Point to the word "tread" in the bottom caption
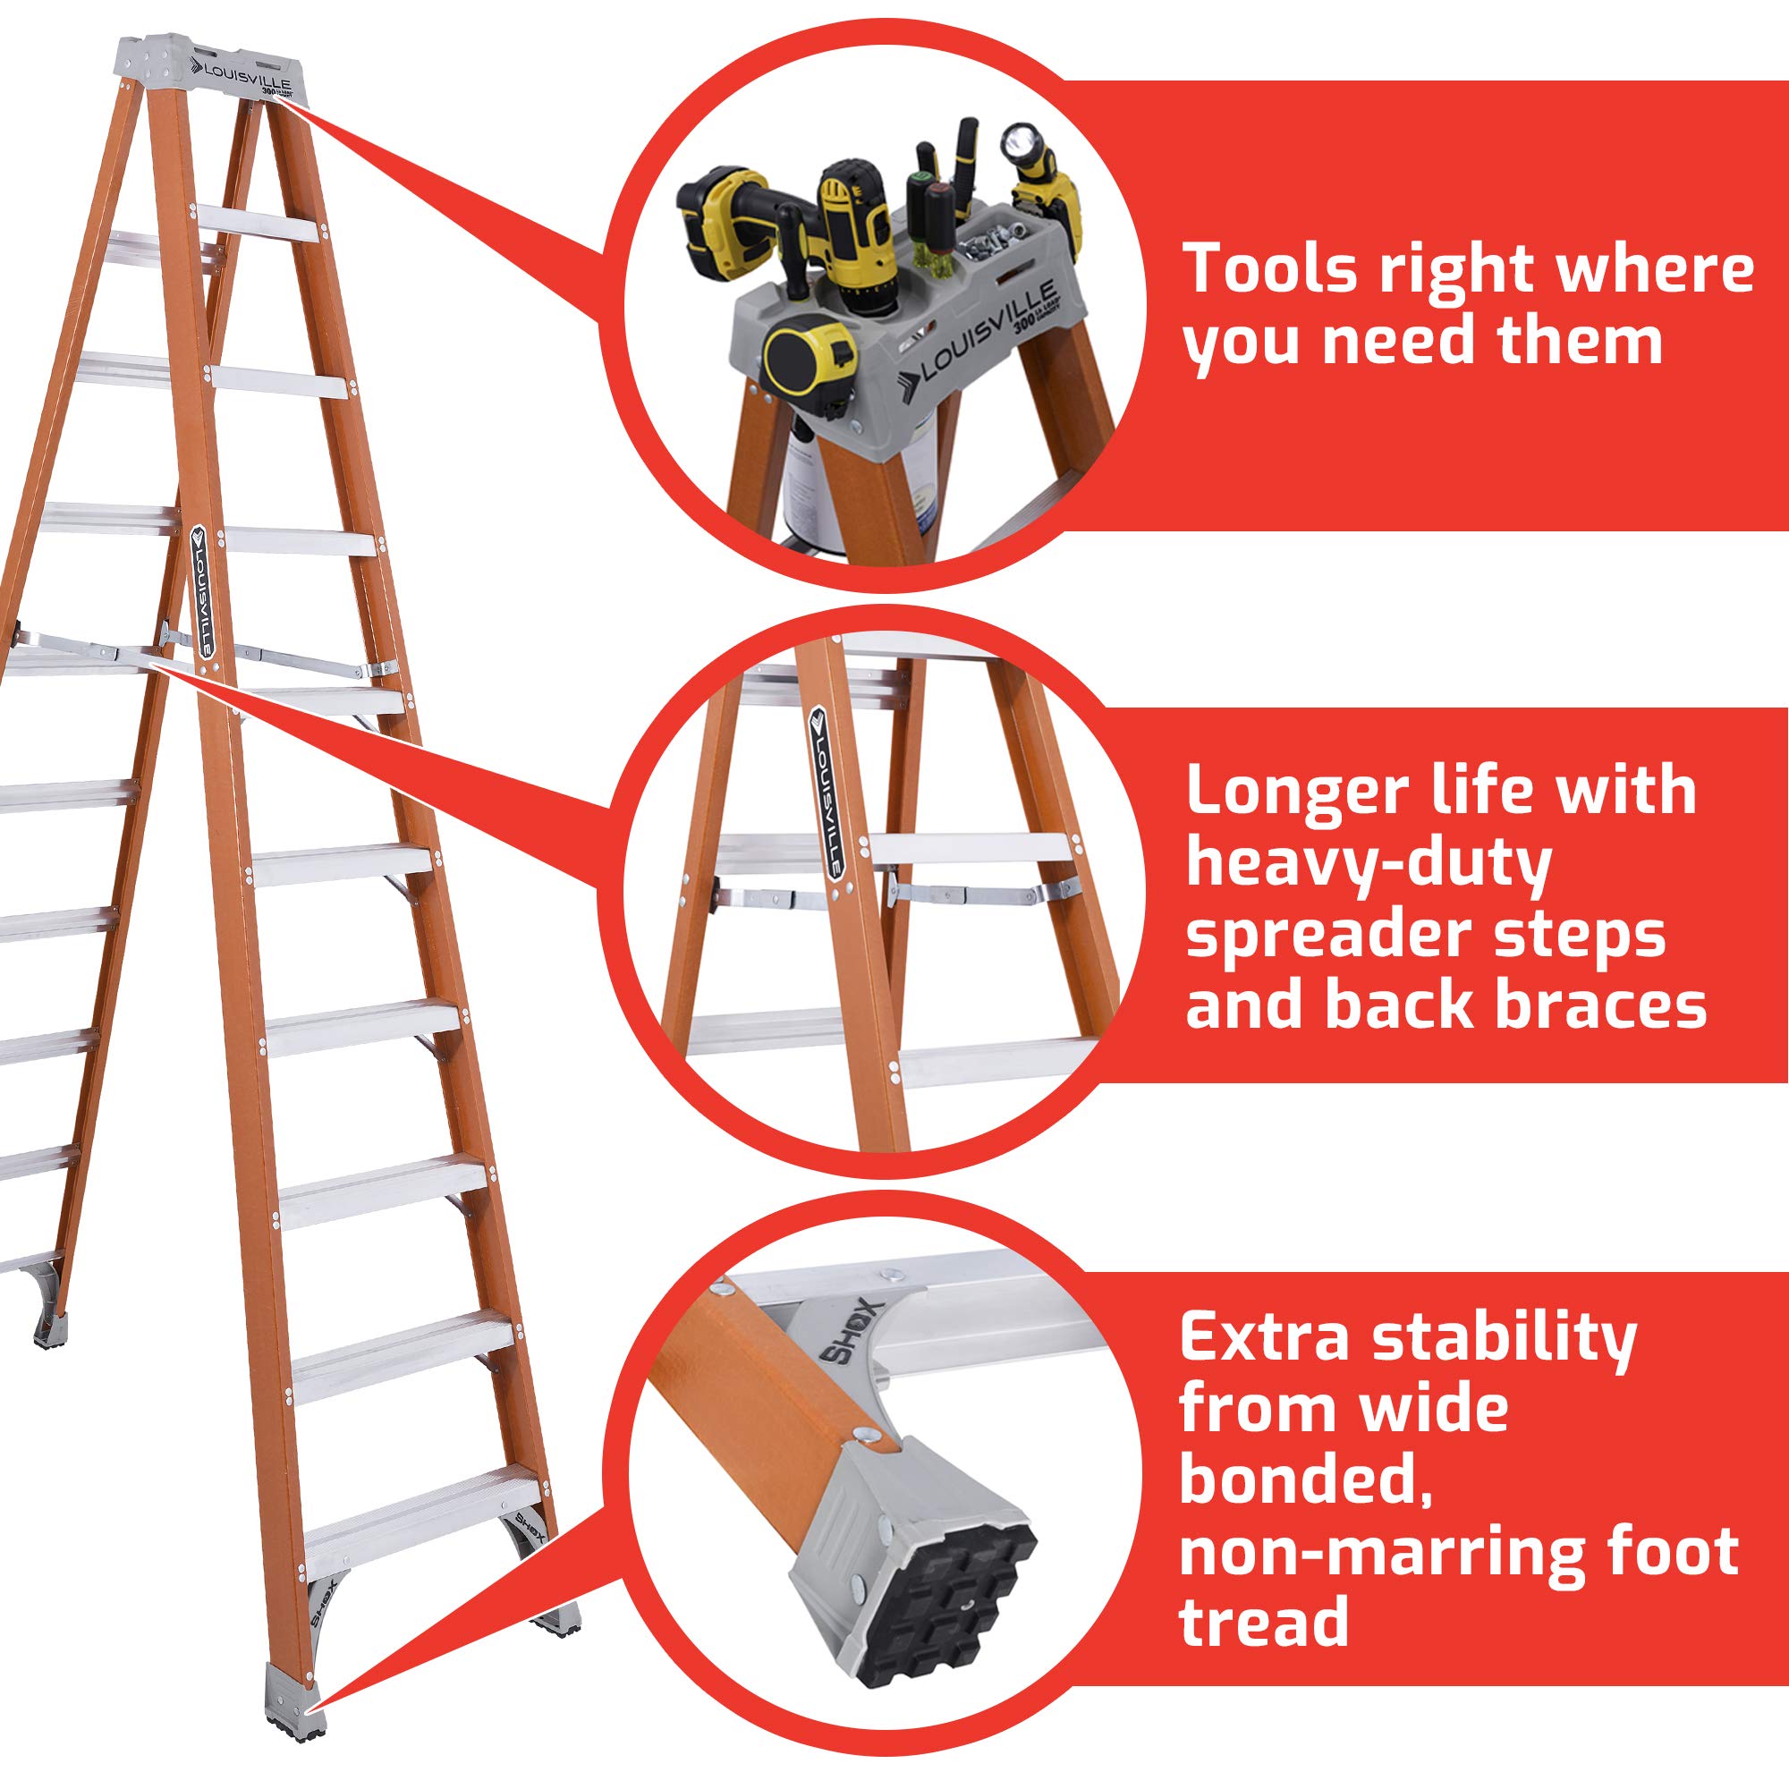[1263, 1621]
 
